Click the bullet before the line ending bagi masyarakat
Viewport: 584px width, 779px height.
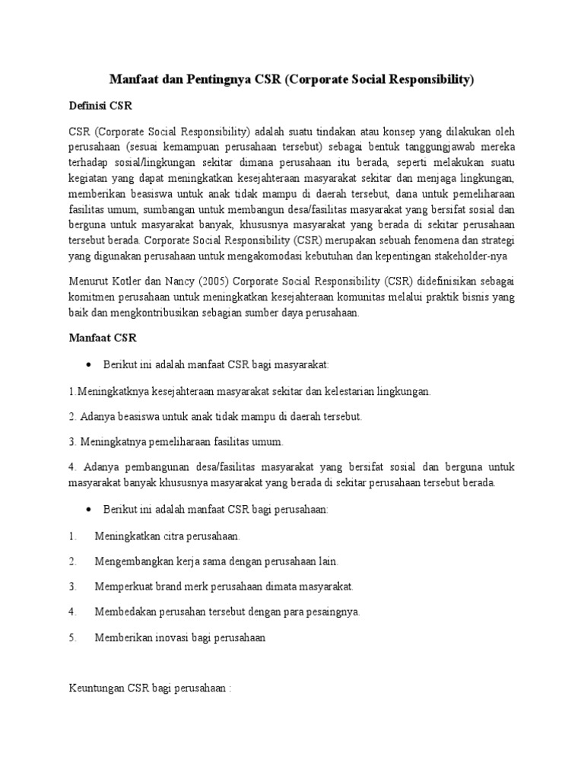point(90,365)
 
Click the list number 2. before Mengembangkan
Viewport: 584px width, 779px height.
point(73,561)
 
